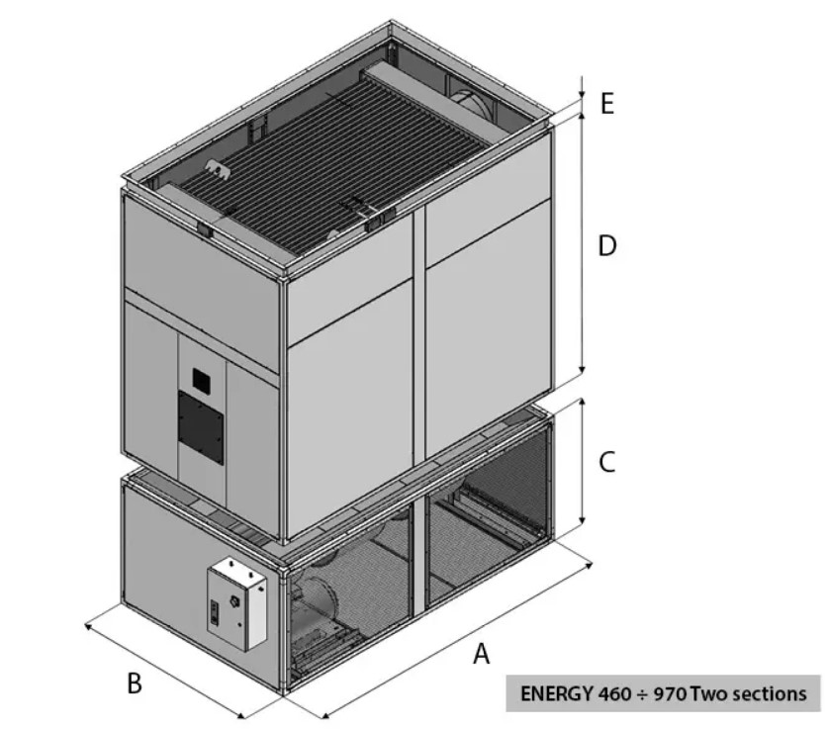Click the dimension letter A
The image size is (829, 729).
(481, 654)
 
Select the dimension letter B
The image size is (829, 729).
(135, 683)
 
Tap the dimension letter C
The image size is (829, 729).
(607, 462)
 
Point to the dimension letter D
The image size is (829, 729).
(607, 246)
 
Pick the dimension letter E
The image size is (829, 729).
(607, 103)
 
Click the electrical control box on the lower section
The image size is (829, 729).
(236, 603)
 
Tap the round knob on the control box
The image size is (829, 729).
(234, 601)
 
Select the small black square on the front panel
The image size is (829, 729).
(201, 379)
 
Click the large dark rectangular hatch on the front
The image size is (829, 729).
(201, 428)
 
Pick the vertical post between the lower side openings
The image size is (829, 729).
(419, 556)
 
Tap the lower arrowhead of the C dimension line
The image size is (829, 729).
(583, 523)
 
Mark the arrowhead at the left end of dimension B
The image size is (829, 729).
(88, 626)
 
